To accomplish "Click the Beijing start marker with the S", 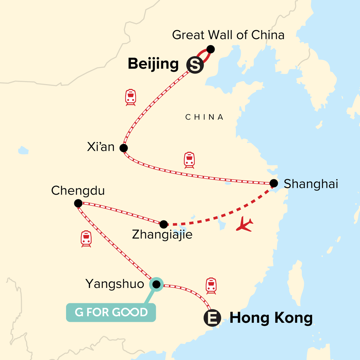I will tap(195, 65).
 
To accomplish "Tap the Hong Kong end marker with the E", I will tap(212, 318).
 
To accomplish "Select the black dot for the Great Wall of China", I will tap(211, 49).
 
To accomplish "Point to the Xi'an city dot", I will tap(124, 148).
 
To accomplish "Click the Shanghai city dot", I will tap(274, 183).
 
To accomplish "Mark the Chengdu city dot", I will tap(78, 203).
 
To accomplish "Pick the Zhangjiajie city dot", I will tap(163, 224).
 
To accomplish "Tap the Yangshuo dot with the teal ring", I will tap(156, 284).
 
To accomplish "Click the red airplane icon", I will tap(244, 225).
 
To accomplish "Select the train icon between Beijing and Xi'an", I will tap(130, 97).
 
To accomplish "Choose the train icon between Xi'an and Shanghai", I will tap(189, 160).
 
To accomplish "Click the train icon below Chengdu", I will tap(86, 239).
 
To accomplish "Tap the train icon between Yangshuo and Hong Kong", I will tap(211, 286).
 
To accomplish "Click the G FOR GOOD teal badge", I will tap(111, 312).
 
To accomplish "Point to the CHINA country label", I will tap(204, 117).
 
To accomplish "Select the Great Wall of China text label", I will tap(228, 35).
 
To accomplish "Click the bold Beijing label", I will tap(153, 64).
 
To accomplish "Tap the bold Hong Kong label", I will tap(271, 318).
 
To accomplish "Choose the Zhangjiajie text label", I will tap(162, 234).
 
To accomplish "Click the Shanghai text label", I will tap(311, 184).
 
